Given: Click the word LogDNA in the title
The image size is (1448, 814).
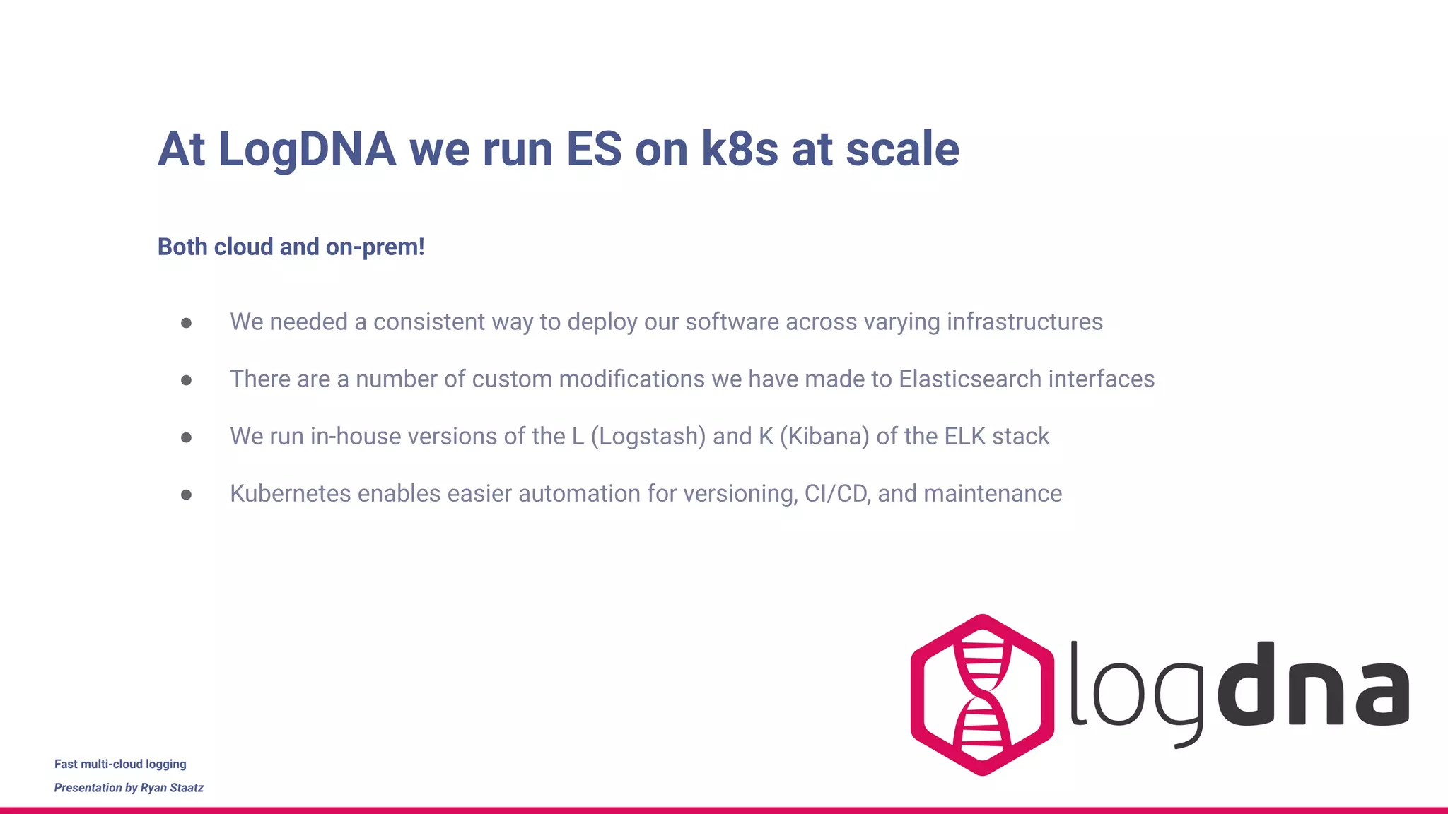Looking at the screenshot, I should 307,150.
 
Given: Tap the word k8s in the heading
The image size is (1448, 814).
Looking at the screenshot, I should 740,150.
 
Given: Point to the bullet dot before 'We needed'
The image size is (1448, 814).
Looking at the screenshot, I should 186,323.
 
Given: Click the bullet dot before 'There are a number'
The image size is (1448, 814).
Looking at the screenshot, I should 186,380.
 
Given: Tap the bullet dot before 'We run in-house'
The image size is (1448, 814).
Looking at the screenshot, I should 186,437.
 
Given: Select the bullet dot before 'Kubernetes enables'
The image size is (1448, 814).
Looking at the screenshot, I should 186,495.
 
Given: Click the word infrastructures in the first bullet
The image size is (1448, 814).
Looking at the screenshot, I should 1024,322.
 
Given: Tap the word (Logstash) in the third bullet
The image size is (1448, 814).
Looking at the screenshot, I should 648,437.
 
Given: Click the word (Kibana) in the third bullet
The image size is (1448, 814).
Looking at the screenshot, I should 824,437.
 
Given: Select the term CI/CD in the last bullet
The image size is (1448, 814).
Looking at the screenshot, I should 837,494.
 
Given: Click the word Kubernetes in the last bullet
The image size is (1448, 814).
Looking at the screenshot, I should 290,494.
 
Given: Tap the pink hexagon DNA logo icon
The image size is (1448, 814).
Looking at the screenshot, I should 982,695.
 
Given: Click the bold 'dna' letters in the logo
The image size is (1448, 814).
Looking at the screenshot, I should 1314,685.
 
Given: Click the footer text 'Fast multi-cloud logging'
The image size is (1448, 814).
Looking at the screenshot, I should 120,764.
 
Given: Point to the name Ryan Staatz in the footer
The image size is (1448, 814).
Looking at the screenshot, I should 172,788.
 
